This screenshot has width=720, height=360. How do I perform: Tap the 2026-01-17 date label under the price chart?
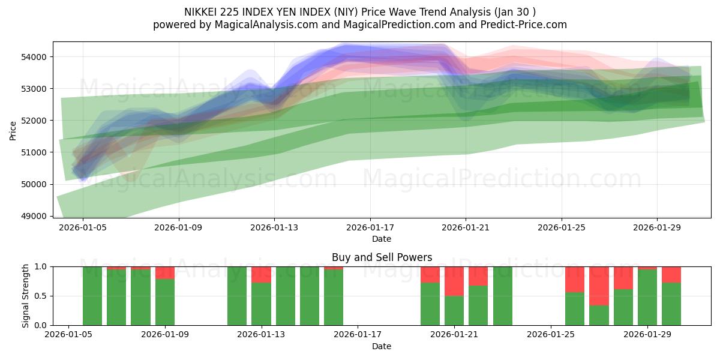click(370, 227)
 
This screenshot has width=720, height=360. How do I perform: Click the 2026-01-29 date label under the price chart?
click(657, 227)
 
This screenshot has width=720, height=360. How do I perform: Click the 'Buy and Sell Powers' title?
click(382, 257)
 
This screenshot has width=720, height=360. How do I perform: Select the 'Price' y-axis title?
click(13, 130)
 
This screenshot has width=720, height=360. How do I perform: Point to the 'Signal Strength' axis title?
click(25, 296)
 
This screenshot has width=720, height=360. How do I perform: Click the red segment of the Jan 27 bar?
click(599, 286)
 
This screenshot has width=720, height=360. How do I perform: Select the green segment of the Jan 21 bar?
click(454, 310)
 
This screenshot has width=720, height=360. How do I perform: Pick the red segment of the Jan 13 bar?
click(261, 274)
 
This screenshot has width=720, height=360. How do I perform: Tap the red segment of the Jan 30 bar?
click(671, 274)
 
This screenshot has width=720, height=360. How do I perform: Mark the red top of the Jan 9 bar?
click(165, 272)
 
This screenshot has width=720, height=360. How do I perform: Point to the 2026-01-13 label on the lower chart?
click(262, 335)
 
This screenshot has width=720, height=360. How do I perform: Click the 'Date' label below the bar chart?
click(382, 346)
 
